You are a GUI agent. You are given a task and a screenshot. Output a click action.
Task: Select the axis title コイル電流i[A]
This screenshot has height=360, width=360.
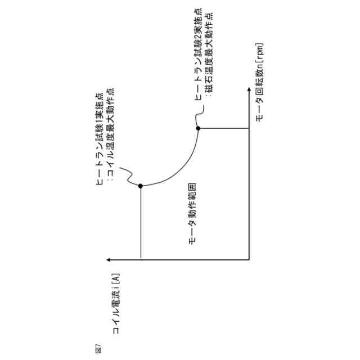coord(116,304)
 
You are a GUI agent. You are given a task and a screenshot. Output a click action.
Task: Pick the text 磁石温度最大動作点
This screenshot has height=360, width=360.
coord(209,61)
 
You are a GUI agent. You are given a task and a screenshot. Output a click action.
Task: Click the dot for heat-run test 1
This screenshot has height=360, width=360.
coord(141,186)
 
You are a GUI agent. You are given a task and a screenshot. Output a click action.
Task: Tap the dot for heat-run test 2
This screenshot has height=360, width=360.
coord(198,128)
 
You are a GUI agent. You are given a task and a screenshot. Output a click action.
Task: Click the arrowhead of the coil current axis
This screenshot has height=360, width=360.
coord(108,259)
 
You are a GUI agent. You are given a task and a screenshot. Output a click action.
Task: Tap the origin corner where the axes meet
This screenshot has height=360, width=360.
coord(249,259)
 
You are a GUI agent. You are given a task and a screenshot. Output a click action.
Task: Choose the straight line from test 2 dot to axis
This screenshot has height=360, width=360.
coord(224,128)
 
